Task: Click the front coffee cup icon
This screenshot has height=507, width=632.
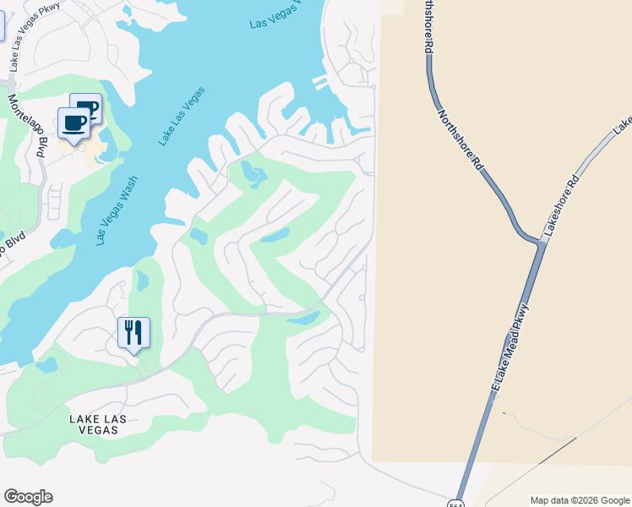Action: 74,123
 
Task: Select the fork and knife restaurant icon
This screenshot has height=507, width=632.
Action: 133,332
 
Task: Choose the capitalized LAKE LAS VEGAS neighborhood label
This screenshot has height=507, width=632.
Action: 94,424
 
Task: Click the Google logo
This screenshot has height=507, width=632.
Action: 28,497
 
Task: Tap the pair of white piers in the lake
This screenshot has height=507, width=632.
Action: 319,83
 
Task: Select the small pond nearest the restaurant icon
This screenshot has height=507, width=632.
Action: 141,281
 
